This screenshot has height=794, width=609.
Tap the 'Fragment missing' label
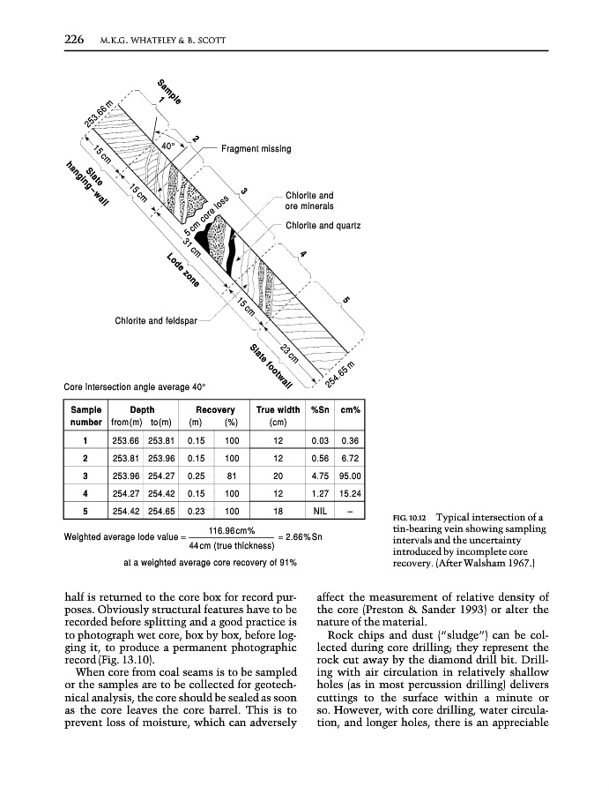coord(256,149)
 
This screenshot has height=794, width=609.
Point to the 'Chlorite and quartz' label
coord(323,226)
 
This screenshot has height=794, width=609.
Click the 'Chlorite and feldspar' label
coord(155,320)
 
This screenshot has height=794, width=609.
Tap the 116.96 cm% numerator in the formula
coord(232,530)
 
